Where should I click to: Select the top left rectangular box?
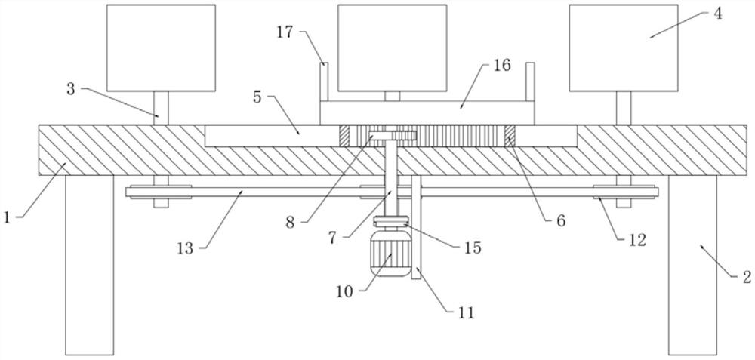[161, 48]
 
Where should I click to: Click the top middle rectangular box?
[392, 48]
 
